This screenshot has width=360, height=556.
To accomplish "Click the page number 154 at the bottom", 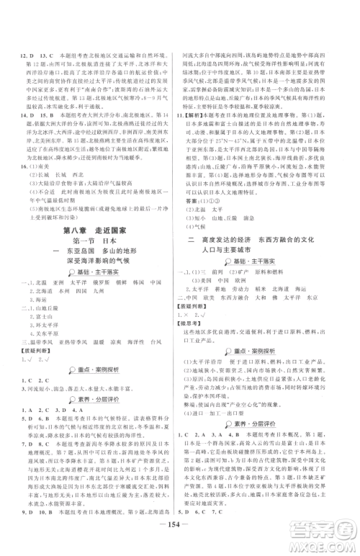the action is [179, 539].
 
